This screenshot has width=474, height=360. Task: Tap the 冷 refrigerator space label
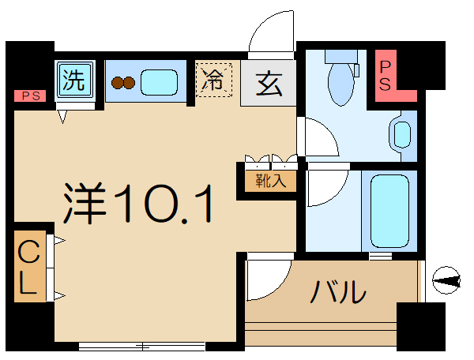point(214,80)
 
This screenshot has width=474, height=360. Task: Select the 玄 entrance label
point(269,81)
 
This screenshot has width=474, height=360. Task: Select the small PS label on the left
point(30,96)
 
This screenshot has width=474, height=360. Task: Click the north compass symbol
point(446,279)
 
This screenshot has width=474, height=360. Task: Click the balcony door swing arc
point(267,278)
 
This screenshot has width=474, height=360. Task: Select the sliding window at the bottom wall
point(142,345)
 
